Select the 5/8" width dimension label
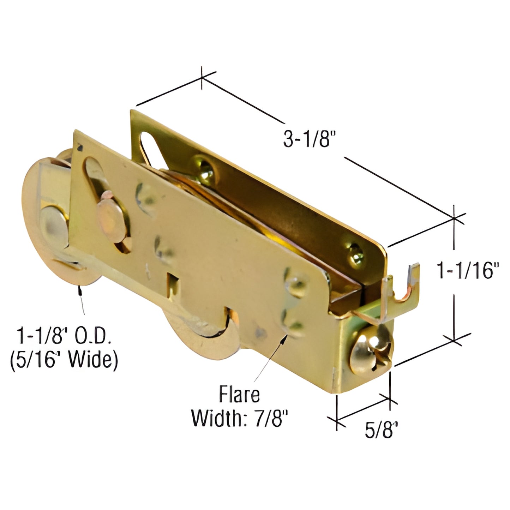click(381, 430)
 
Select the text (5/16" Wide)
click(64, 360)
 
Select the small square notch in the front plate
click(174, 281)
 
